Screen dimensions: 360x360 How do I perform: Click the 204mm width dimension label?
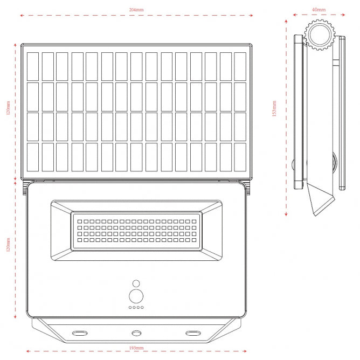[136, 10]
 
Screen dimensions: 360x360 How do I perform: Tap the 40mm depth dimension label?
[319, 10]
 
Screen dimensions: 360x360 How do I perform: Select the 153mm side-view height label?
[274, 110]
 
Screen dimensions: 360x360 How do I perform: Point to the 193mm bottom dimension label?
[136, 349]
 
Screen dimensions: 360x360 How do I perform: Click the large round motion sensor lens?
[136, 296]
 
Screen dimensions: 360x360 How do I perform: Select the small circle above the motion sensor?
[136, 283]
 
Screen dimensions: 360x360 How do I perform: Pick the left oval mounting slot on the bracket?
[80, 334]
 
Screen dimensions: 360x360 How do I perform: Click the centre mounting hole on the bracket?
[136, 334]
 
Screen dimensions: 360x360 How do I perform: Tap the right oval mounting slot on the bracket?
[192, 334]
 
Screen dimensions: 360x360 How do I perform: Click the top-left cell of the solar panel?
[33, 66]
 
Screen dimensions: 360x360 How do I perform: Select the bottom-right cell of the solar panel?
[240, 157]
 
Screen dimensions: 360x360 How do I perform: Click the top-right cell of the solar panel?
[240, 66]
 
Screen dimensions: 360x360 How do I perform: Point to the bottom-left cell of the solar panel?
[33, 157]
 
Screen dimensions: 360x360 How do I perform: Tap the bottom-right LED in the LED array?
[194, 240]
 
